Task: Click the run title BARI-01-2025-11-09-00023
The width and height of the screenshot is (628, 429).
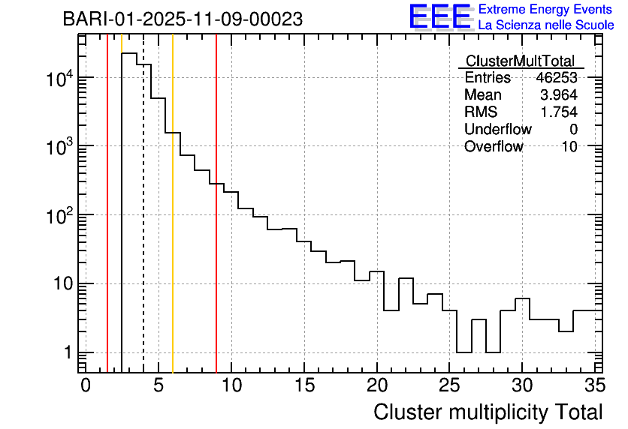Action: [x=183, y=19]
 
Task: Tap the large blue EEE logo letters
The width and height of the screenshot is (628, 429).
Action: [x=441, y=16]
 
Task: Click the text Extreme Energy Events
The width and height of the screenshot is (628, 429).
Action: [x=546, y=10]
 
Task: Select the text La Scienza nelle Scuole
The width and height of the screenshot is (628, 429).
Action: [x=546, y=25]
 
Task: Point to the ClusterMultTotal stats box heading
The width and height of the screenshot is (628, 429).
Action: [x=520, y=61]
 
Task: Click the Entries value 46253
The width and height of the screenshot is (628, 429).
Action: [x=557, y=78]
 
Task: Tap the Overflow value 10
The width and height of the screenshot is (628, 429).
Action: [x=569, y=147]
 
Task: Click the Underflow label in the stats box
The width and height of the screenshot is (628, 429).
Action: [x=497, y=130]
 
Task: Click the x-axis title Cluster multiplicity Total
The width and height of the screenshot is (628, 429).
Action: [x=488, y=412]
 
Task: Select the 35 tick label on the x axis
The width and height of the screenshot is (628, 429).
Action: [x=594, y=385]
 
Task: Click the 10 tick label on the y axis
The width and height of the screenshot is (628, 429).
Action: [x=59, y=284]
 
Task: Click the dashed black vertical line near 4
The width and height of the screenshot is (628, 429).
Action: [x=143, y=225]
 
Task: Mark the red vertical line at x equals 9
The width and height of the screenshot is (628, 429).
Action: [x=216, y=225]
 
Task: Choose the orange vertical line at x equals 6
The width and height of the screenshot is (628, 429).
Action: [x=173, y=225]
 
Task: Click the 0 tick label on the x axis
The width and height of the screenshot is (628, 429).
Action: [x=86, y=385]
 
